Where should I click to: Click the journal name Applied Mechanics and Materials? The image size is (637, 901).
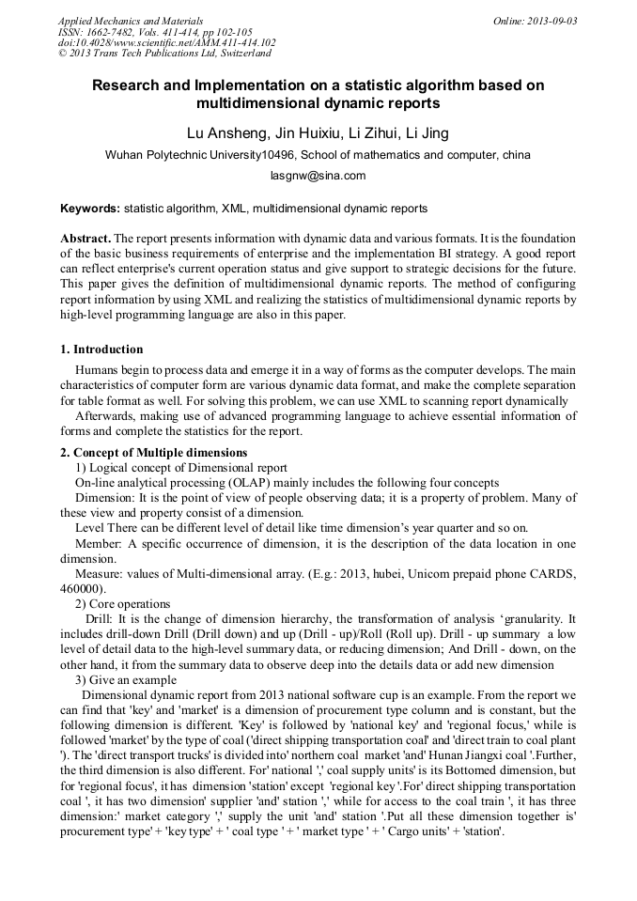131,21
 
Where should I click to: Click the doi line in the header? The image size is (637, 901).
166,42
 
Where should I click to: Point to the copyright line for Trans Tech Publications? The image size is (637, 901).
164,54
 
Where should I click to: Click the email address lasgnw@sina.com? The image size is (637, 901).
318,175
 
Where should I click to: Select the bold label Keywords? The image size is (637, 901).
89,208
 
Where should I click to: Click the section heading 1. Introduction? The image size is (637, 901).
101,350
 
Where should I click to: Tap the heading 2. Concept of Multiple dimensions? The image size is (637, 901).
153,453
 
